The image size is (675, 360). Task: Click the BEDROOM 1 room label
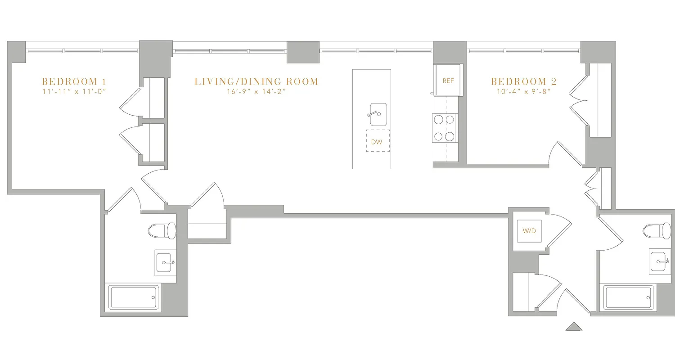(x=74, y=81)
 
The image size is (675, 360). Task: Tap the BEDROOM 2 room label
(x=523, y=81)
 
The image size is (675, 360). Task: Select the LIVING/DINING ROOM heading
(x=256, y=81)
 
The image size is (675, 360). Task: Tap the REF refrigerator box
(x=448, y=81)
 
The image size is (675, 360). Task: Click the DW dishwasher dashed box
(x=377, y=141)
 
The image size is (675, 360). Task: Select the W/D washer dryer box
(x=529, y=231)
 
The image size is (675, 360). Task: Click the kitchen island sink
(x=378, y=114)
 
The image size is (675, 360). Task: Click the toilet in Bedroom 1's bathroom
(x=162, y=230)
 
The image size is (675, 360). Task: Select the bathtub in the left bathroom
(x=134, y=297)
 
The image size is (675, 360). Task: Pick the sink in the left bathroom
(x=165, y=262)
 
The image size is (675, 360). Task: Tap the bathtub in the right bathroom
(x=628, y=297)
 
